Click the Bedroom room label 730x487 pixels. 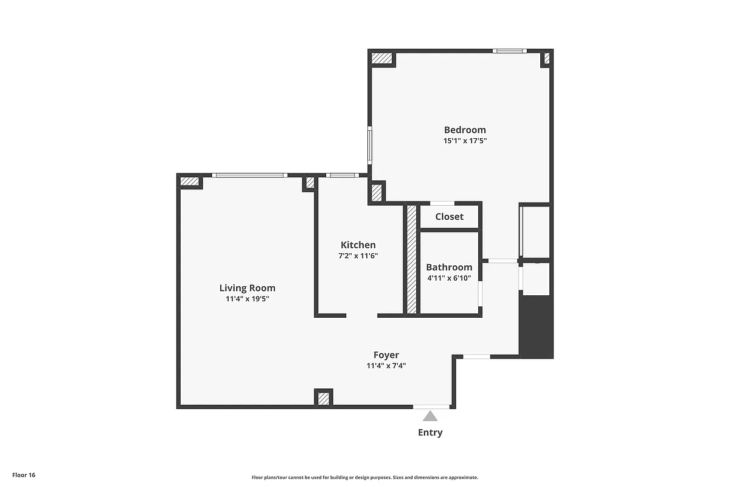(x=465, y=130)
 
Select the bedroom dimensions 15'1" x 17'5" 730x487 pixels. (x=465, y=141)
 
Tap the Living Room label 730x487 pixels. (x=247, y=288)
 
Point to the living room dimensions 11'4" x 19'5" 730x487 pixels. (x=247, y=299)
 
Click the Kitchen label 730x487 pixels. (x=358, y=245)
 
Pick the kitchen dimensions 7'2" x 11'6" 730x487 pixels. (x=358, y=256)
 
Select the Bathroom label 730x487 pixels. (x=449, y=267)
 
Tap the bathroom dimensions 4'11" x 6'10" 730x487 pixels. (x=449, y=278)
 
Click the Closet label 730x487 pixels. (x=449, y=217)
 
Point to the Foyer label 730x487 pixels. (x=386, y=355)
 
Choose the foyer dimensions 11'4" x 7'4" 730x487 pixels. (x=386, y=366)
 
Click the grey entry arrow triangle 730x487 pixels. (x=430, y=417)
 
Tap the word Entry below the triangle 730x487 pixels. (x=430, y=433)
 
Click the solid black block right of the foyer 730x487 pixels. (x=537, y=326)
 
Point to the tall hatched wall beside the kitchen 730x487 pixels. (x=411, y=259)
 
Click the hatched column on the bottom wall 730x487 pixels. (x=324, y=398)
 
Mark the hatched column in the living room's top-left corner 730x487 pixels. (x=190, y=181)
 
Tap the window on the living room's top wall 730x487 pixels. (x=250, y=176)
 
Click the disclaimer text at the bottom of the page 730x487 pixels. (x=365, y=478)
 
